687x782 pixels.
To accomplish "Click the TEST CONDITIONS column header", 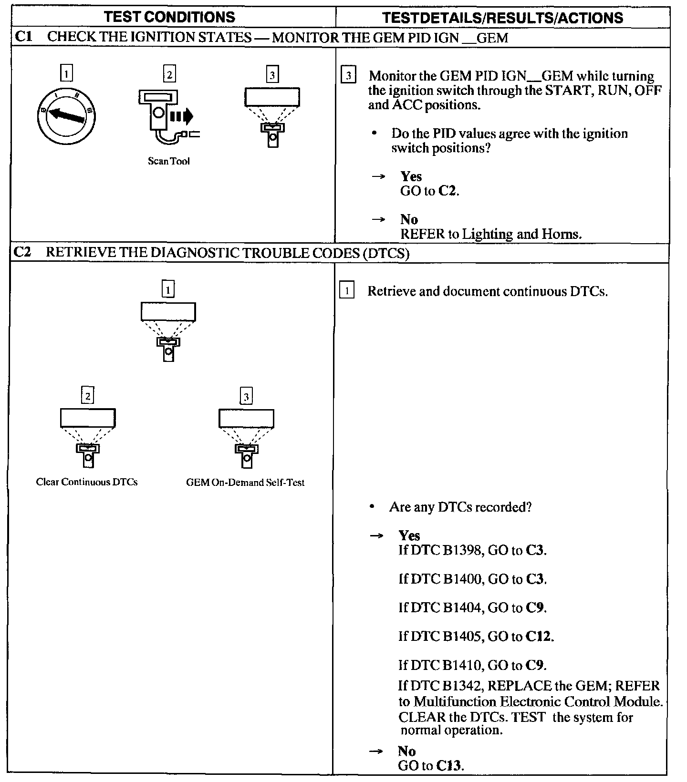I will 169,17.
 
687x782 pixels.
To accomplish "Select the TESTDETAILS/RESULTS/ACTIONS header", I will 503,18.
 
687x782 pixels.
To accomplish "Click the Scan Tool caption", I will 168,161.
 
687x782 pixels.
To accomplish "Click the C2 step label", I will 22,252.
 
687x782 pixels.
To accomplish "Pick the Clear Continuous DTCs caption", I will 87,482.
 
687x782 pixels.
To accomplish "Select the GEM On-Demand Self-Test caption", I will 245,483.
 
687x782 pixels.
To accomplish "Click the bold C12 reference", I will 539,637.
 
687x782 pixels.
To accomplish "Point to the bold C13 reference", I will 449,766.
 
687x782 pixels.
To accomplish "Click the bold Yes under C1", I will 411,176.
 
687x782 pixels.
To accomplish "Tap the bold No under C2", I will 407,751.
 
